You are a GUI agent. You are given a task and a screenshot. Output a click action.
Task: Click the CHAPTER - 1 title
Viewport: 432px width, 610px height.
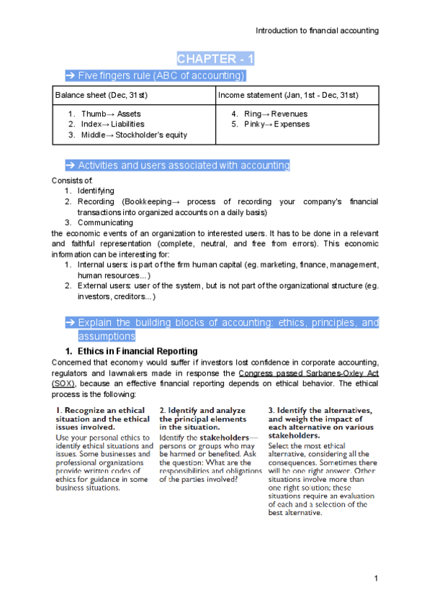(215, 58)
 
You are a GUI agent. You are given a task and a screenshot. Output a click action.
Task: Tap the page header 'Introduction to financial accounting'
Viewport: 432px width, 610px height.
(318, 30)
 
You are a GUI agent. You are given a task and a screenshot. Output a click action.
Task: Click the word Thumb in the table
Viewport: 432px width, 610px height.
(93, 114)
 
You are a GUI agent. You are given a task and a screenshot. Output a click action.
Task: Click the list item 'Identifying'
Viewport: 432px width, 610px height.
(96, 191)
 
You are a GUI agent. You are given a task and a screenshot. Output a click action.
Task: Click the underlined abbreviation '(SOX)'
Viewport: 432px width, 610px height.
(63, 383)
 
